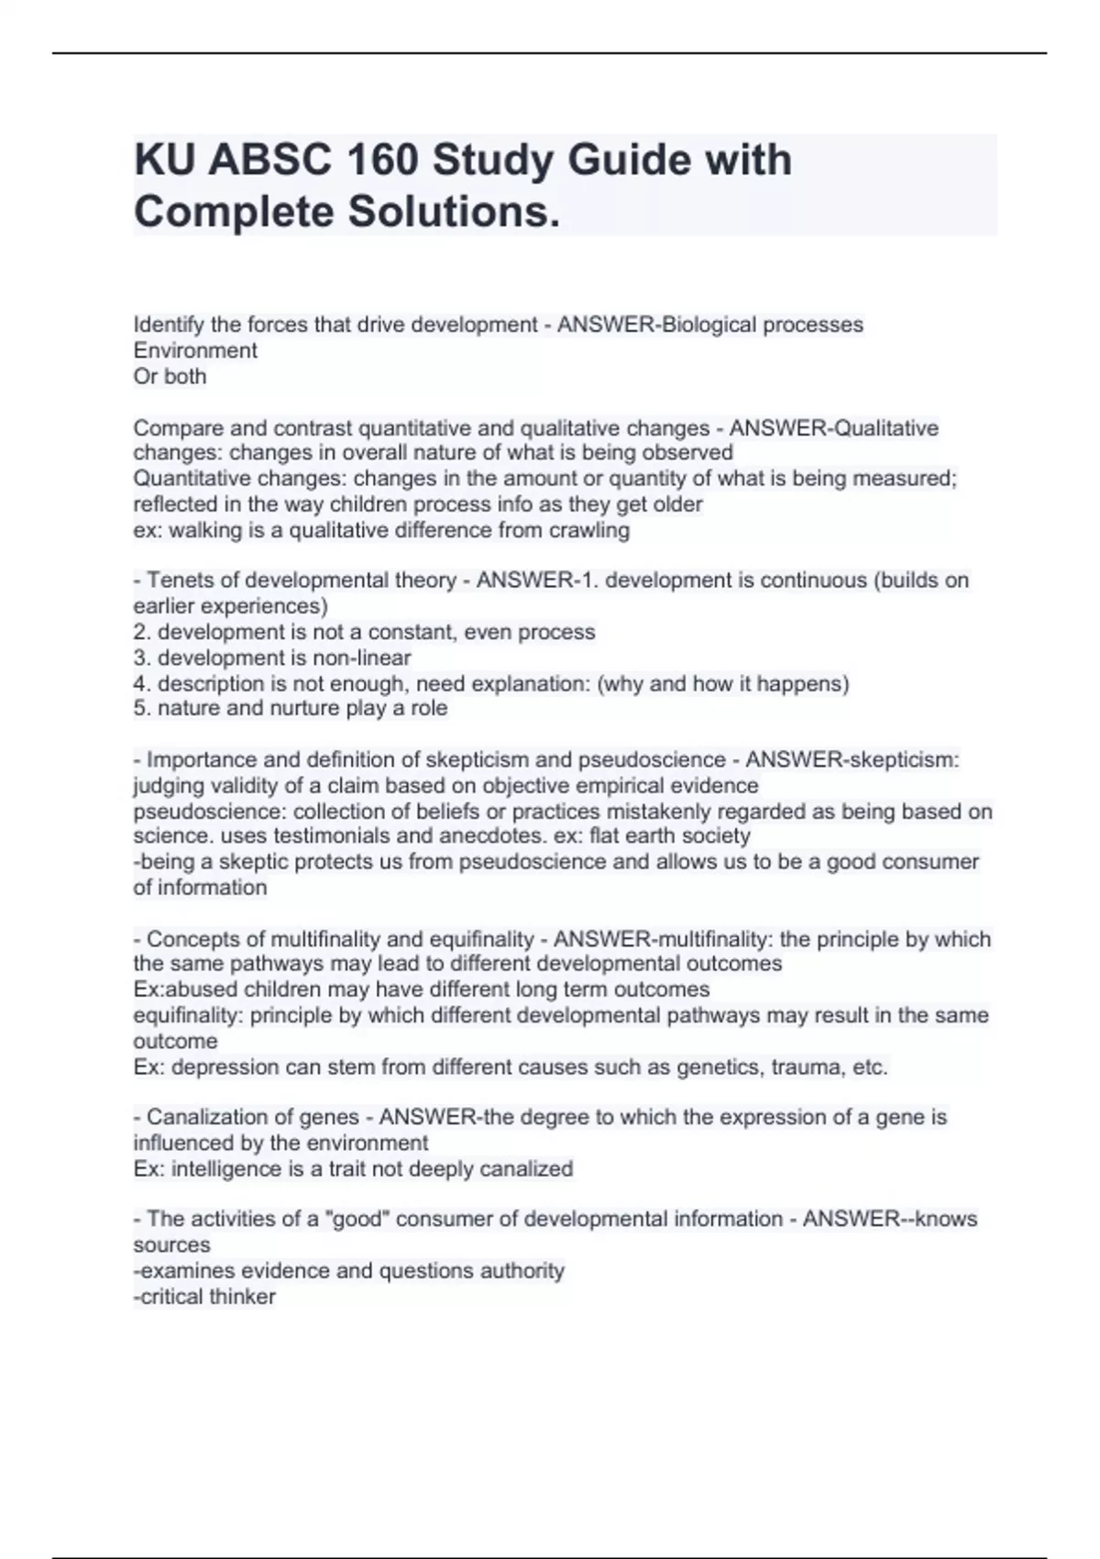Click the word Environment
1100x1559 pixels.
click(x=195, y=350)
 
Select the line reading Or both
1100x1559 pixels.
click(x=170, y=376)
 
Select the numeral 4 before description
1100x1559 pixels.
click(x=139, y=683)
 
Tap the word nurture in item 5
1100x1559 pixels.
click(x=304, y=708)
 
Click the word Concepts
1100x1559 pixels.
click(x=189, y=939)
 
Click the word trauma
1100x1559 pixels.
click(x=804, y=1067)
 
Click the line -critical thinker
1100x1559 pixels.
click(x=204, y=1297)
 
